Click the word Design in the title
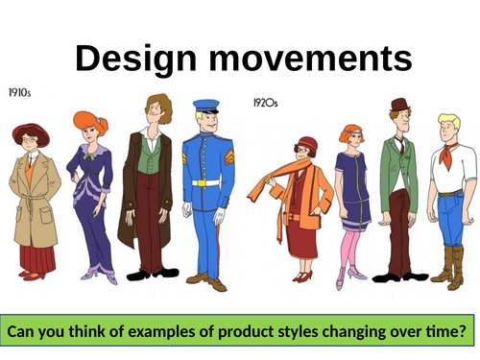pyautogui.click(x=132, y=59)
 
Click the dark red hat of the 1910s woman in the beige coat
pyautogui.click(x=30, y=131)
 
